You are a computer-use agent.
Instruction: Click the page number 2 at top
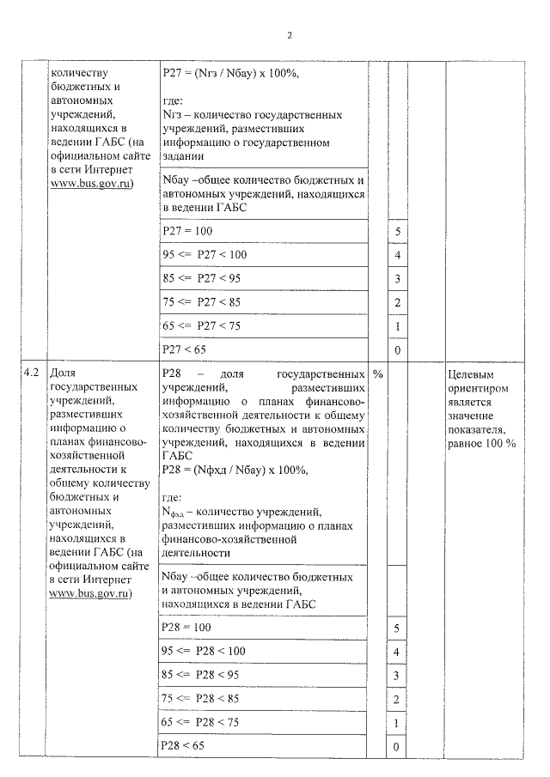(x=290, y=36)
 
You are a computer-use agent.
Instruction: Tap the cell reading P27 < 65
(x=183, y=350)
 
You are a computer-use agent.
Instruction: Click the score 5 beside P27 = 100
(x=397, y=233)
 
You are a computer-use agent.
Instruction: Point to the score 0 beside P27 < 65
(x=397, y=351)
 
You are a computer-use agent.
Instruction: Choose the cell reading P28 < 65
(x=183, y=747)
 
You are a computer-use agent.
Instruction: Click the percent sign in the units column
(x=378, y=374)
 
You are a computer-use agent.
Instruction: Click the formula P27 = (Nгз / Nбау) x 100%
(x=230, y=74)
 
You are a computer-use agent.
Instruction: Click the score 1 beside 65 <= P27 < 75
(x=397, y=327)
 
